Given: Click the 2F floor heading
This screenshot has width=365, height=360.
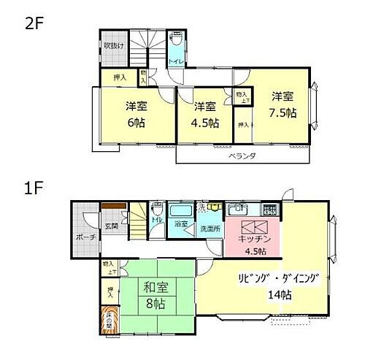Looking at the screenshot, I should [34, 23].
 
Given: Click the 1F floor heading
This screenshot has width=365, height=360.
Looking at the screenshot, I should [34, 188].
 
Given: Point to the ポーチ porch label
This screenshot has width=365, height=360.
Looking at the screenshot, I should [83, 237].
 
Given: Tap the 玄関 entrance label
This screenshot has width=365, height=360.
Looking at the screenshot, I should [112, 226].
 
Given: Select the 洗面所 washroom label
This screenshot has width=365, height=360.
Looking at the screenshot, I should [210, 229].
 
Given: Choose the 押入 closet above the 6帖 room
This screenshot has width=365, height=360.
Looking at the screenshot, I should [120, 76].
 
